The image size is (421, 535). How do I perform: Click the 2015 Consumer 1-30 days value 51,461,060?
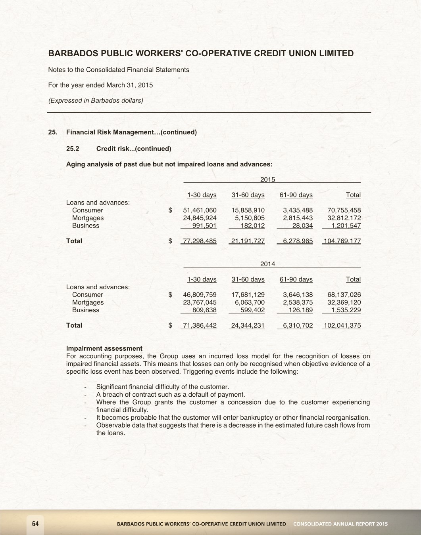(200, 210)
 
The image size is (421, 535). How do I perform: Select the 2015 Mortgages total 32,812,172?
(344, 218)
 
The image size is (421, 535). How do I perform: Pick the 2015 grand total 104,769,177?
(342, 241)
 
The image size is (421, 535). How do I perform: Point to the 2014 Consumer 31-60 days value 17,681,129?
(248, 295)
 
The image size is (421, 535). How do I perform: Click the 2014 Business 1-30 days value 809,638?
(204, 310)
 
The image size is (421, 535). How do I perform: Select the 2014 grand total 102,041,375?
(342, 325)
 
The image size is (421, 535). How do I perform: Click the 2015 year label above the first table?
(267, 180)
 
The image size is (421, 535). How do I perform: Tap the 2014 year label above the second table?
(267, 264)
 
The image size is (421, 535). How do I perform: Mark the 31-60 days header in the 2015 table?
(248, 195)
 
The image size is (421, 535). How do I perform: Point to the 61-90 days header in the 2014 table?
(296, 279)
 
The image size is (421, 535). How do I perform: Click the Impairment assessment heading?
(104, 348)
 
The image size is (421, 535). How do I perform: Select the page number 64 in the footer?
(35, 524)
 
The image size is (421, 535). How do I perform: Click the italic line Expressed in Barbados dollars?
(96, 100)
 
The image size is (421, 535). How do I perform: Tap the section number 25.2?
(73, 149)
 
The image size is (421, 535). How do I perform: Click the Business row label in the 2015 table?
(86, 226)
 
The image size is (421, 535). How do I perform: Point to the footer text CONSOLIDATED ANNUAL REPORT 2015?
(340, 524)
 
